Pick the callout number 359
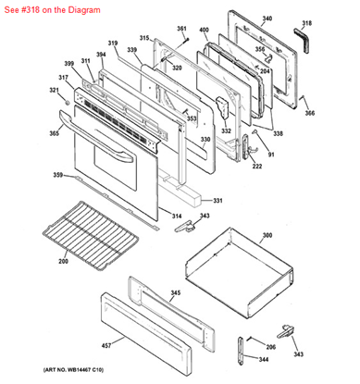[x=57, y=175]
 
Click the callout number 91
[x=271, y=154]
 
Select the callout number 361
[x=181, y=29]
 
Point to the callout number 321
[x=53, y=91]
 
